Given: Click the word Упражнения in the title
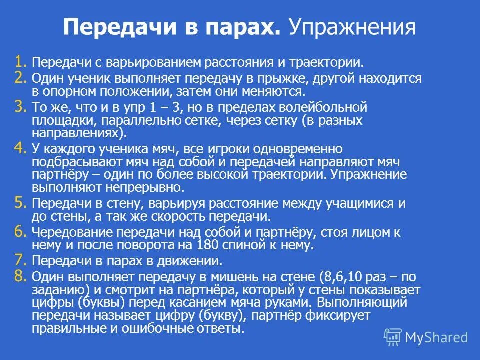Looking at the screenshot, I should pyautogui.click(x=352, y=28).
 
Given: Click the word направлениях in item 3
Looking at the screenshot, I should pyautogui.click(x=78, y=134).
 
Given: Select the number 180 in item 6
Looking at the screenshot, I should pyautogui.click(x=199, y=246).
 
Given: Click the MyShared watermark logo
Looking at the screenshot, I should pyautogui.click(x=426, y=337).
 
